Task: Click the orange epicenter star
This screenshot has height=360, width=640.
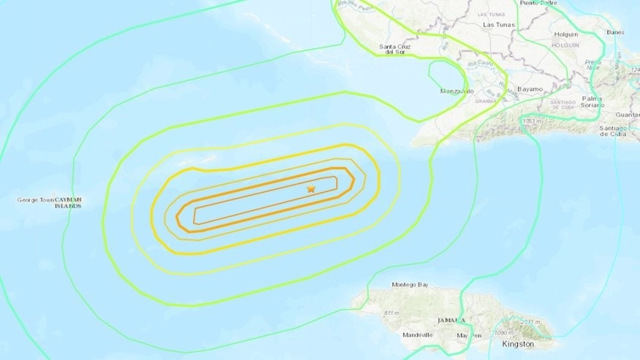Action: [x=311, y=189]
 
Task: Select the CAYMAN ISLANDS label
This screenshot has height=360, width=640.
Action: [x=69, y=203]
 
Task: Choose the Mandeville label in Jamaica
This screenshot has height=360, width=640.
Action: [x=417, y=335]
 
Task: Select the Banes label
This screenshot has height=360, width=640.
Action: [x=615, y=32]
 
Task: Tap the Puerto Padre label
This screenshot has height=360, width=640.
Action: [x=538, y=3]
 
